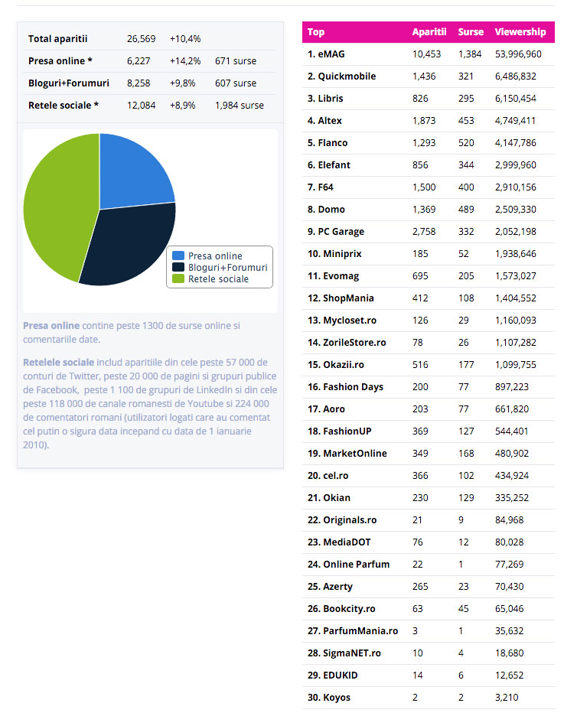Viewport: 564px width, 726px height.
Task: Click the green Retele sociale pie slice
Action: (54, 207)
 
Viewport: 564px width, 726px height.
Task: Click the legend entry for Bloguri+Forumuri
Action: (227, 268)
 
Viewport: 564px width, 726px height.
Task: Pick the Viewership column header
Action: (520, 32)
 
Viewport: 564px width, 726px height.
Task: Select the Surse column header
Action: (471, 32)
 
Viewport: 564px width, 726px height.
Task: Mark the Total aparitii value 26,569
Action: (141, 38)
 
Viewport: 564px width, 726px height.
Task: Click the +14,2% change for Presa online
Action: (185, 60)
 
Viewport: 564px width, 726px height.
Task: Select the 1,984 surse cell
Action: (240, 105)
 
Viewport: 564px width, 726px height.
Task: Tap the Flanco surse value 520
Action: (466, 143)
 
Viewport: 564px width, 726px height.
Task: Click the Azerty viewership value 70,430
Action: (512, 587)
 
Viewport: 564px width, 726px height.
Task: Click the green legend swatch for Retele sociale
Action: (178, 279)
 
